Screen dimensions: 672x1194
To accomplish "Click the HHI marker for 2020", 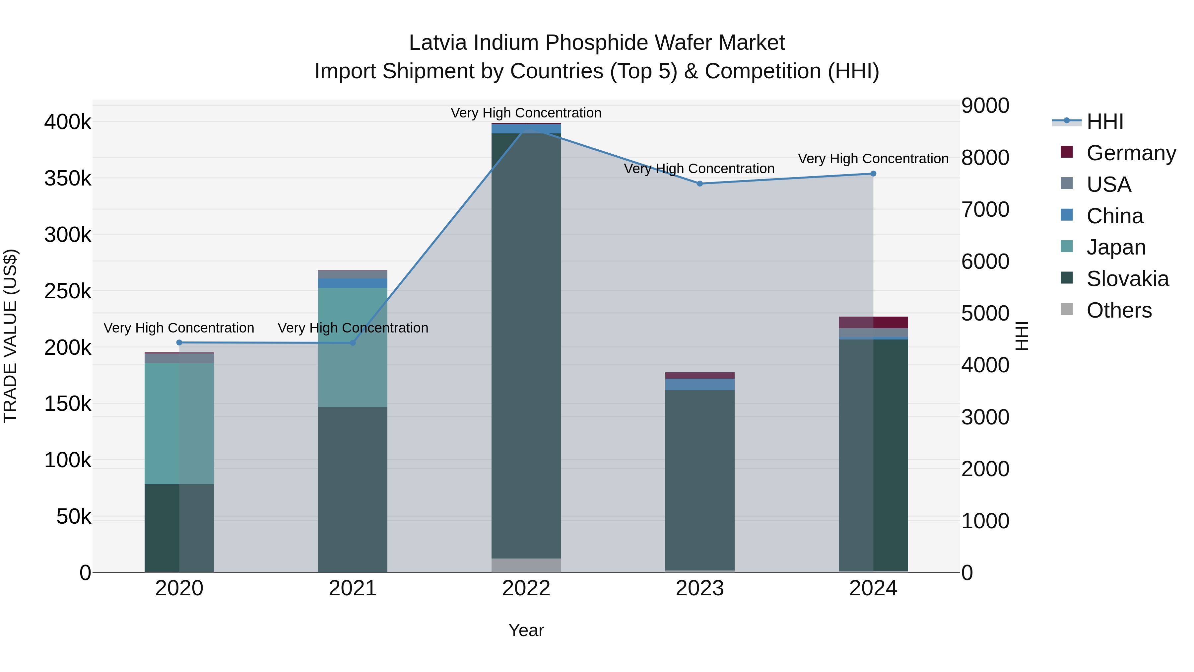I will pyautogui.click(x=179, y=343).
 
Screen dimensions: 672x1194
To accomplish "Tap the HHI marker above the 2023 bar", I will pyautogui.click(x=700, y=184).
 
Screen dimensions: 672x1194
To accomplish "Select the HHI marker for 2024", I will pyautogui.click(x=873, y=174).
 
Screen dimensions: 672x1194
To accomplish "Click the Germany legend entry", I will pyautogui.click(x=1131, y=153).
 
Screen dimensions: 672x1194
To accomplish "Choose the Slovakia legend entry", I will pyautogui.click(x=1127, y=279).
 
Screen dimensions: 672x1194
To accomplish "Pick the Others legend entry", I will pyautogui.click(x=1119, y=310).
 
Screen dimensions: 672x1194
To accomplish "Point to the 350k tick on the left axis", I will pyautogui.click(x=68, y=179).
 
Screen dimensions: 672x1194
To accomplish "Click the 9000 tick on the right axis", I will pyautogui.click(x=985, y=106).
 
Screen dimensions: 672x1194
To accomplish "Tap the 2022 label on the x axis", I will pyautogui.click(x=526, y=588).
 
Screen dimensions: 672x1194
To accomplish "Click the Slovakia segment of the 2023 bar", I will pyautogui.click(x=700, y=480).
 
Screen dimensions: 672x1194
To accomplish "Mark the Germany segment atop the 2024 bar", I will pyautogui.click(x=873, y=322).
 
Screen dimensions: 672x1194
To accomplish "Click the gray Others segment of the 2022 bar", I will pyautogui.click(x=526, y=565).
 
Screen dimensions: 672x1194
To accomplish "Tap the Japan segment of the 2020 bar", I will pyautogui.click(x=179, y=423).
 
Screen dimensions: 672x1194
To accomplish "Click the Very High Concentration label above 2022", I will pyautogui.click(x=526, y=113).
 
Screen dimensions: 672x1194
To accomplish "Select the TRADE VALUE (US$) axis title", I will pyautogui.click(x=10, y=336).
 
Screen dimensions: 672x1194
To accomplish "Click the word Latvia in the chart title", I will pyautogui.click(x=437, y=43).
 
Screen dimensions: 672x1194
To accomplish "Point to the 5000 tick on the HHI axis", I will pyautogui.click(x=985, y=314).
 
